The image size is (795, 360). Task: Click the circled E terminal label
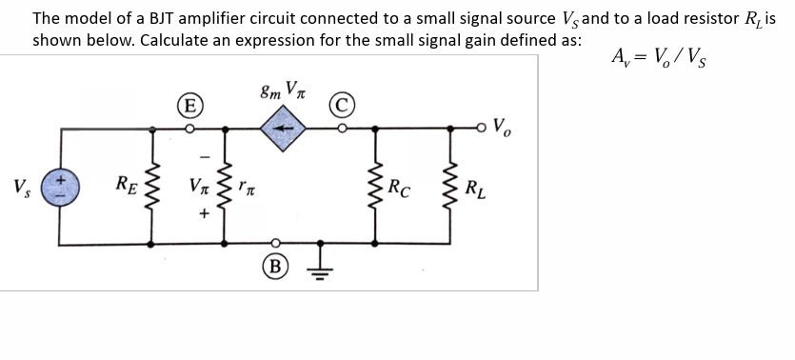point(190,104)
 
